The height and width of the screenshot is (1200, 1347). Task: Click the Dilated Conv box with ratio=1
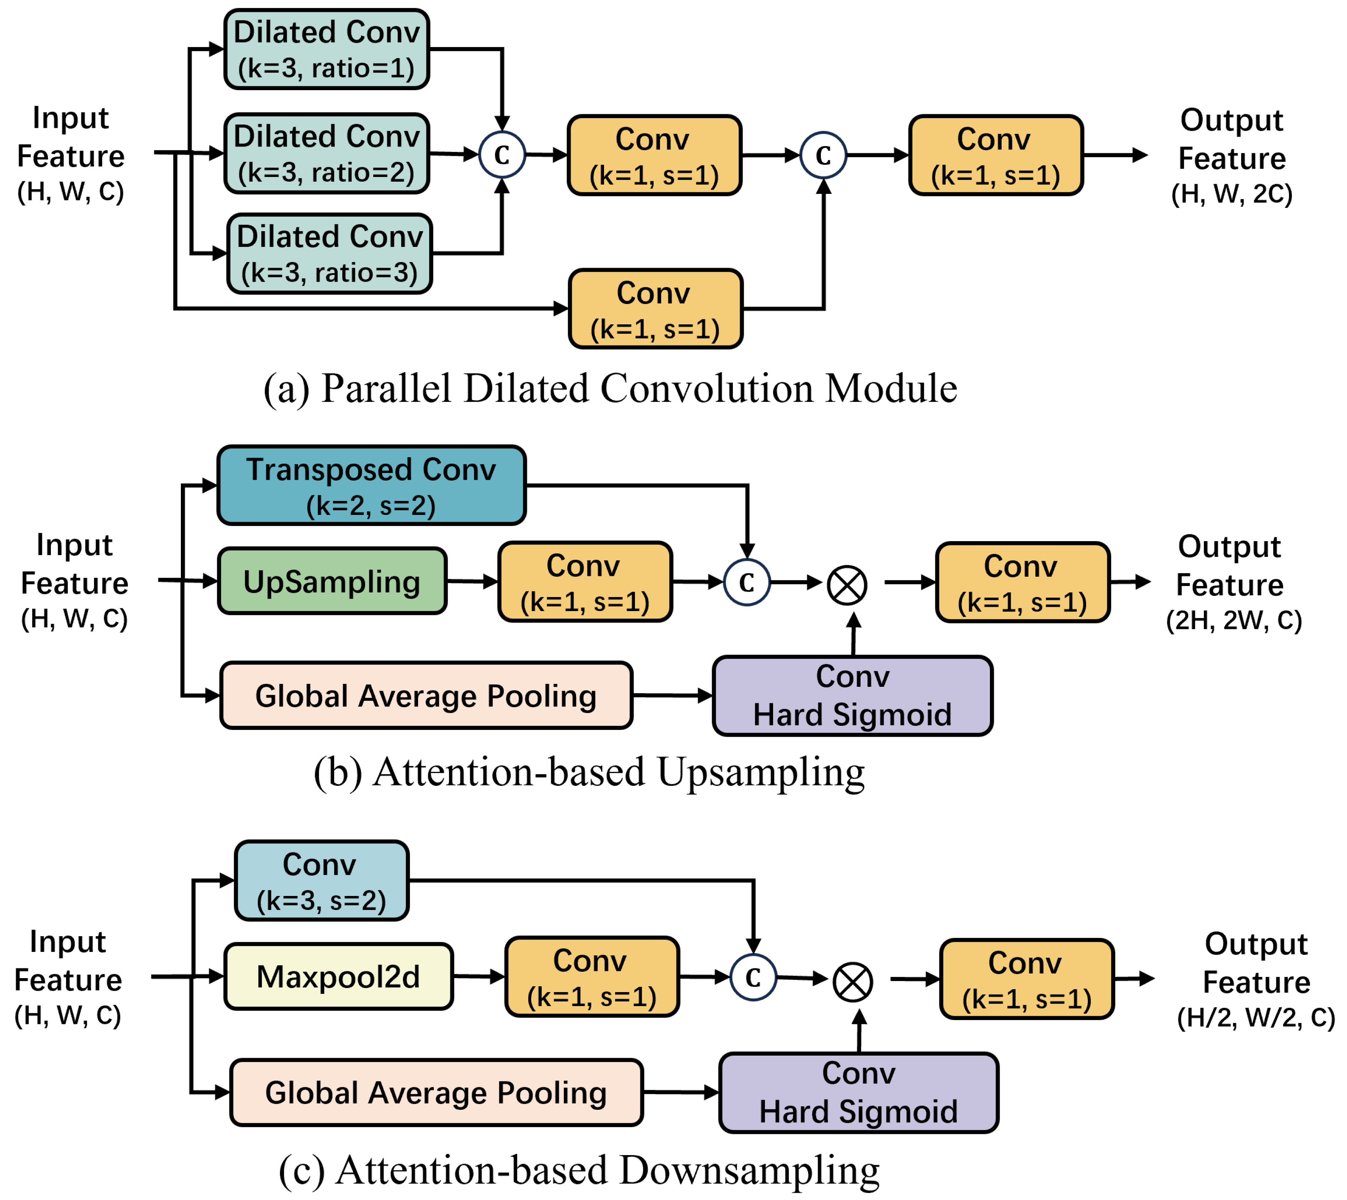(x=327, y=50)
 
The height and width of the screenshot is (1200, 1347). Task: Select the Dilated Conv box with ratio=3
(x=329, y=254)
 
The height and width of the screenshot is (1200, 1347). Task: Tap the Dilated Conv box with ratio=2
(x=327, y=154)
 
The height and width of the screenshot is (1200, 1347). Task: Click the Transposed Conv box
(x=371, y=486)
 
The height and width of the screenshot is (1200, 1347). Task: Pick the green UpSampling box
(x=332, y=581)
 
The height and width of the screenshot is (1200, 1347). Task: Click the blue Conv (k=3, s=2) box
(x=321, y=881)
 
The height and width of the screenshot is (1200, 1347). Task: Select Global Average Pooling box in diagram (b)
(x=426, y=696)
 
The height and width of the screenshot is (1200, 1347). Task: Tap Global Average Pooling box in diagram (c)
(x=436, y=1093)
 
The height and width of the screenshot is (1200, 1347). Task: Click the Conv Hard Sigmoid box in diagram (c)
(x=858, y=1093)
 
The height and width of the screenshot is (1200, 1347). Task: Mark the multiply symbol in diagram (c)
(x=853, y=982)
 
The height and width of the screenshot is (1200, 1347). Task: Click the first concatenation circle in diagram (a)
(x=502, y=155)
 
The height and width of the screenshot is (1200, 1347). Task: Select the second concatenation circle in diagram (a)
(x=823, y=155)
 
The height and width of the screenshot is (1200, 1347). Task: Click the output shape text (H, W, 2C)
(x=1231, y=194)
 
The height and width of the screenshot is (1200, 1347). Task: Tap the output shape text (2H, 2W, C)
(x=1233, y=620)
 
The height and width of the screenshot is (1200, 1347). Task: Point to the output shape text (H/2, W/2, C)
(x=1256, y=1018)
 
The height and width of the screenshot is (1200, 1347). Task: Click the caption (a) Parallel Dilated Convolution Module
(x=610, y=388)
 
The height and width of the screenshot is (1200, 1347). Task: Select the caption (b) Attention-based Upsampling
(x=589, y=772)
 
